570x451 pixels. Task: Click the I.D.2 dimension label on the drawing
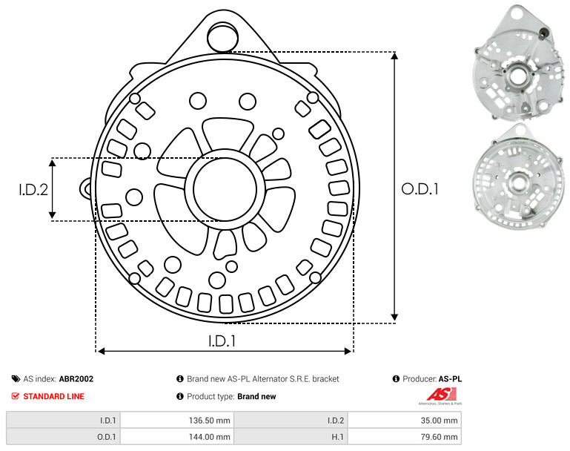coord(33,190)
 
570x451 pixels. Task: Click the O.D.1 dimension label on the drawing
coord(420,189)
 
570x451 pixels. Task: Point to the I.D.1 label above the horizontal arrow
coord(222,341)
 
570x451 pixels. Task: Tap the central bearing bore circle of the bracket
coord(225,189)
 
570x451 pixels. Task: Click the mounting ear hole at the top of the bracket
coord(222,36)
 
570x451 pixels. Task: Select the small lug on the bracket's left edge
coord(86,188)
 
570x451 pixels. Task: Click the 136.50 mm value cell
coord(176,421)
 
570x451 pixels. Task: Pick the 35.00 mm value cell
coord(404,421)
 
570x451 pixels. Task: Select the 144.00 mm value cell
coord(176,436)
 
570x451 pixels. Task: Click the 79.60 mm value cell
coord(404,436)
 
